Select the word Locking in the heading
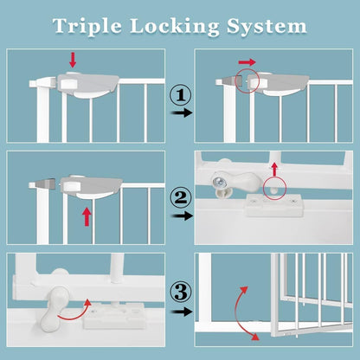(x=179, y=25)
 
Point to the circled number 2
(x=179, y=198)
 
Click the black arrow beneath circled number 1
(x=179, y=112)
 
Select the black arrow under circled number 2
(x=179, y=217)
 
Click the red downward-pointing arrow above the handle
(x=72, y=59)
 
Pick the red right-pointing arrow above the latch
(x=247, y=63)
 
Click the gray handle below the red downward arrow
(x=87, y=85)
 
